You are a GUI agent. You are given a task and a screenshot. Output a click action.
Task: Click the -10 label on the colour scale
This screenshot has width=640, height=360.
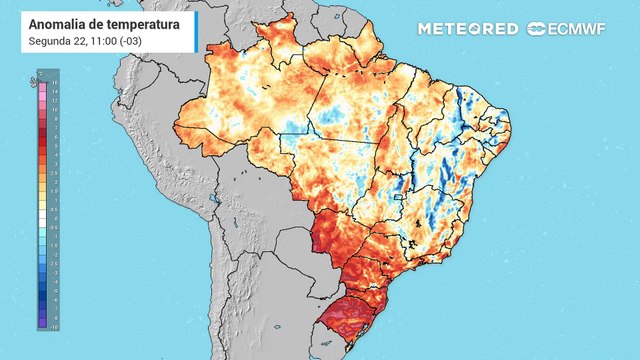(x=54, y=327)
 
